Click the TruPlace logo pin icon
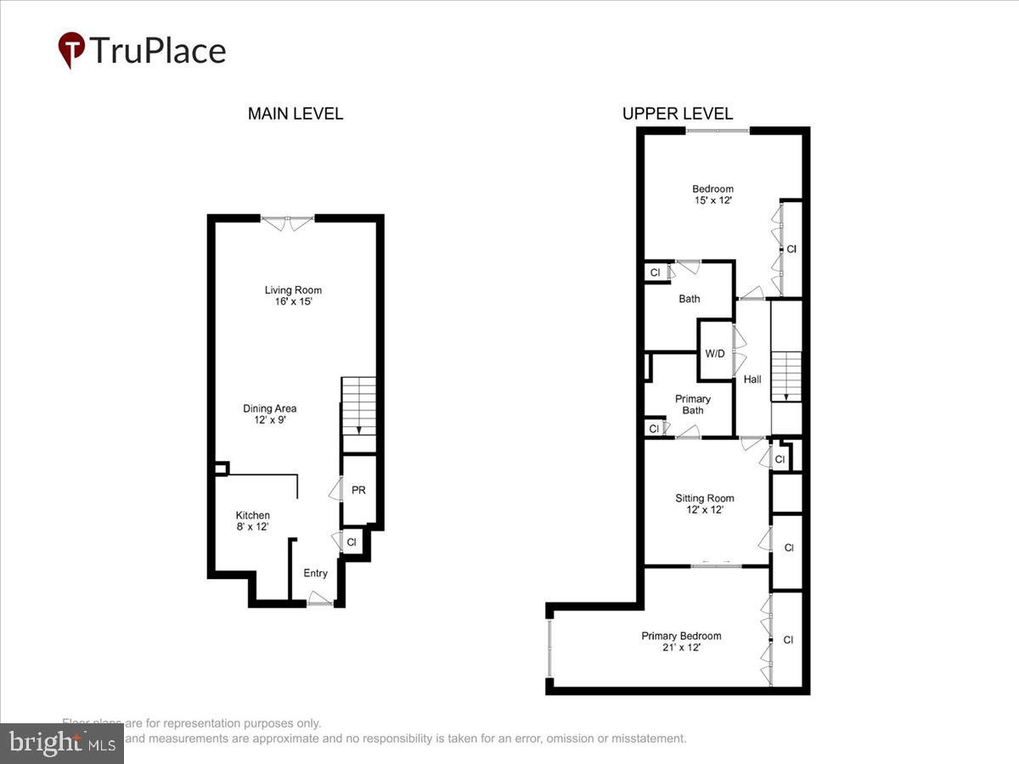[x=71, y=49]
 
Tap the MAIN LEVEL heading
[x=296, y=114]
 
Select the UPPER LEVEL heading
[x=678, y=114]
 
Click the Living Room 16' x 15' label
[x=293, y=295]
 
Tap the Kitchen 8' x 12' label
[x=253, y=520]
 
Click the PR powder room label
[x=358, y=491]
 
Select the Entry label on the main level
[x=315, y=573]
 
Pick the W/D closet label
[x=715, y=353]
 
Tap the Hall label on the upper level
[x=752, y=379]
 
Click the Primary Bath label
[x=693, y=404]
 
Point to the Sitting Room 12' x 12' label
[x=705, y=504]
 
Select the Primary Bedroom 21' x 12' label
[x=681, y=641]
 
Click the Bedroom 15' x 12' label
[x=712, y=194]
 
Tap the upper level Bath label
[x=690, y=299]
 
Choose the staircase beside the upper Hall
[x=786, y=376]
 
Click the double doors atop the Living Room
[x=288, y=222]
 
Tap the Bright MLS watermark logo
[x=61, y=744]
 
